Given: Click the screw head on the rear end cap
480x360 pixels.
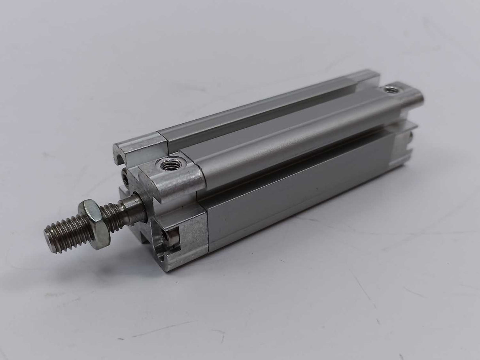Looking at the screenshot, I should pyautogui.click(x=411, y=137).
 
